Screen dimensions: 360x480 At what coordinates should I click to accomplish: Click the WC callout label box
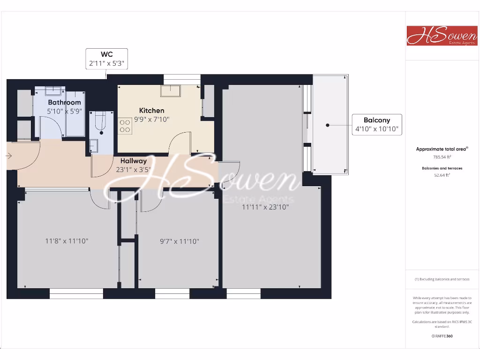click(106, 59)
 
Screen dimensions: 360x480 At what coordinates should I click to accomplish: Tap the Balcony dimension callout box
click(377, 125)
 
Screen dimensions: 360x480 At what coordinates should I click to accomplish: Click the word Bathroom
click(64, 102)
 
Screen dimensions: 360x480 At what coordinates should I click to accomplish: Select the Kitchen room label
click(151, 111)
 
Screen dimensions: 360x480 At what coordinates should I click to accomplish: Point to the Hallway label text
click(133, 161)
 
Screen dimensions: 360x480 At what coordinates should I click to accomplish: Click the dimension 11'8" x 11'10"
click(67, 241)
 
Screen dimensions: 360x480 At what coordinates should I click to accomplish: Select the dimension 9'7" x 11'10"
click(180, 241)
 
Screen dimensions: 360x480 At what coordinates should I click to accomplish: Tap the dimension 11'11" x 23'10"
click(265, 207)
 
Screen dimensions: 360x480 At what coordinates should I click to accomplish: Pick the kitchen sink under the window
click(171, 90)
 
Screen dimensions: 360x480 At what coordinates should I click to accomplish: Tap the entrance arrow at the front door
click(9, 156)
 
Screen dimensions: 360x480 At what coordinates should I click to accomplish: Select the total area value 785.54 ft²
click(442, 157)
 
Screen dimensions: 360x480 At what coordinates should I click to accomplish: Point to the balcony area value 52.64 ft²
click(442, 175)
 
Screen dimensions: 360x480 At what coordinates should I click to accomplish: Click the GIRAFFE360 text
click(442, 336)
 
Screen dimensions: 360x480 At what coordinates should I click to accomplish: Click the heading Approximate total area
click(442, 149)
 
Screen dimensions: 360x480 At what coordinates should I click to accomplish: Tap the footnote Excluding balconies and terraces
click(442, 279)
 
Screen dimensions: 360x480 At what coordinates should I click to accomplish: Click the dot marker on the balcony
click(328, 125)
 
